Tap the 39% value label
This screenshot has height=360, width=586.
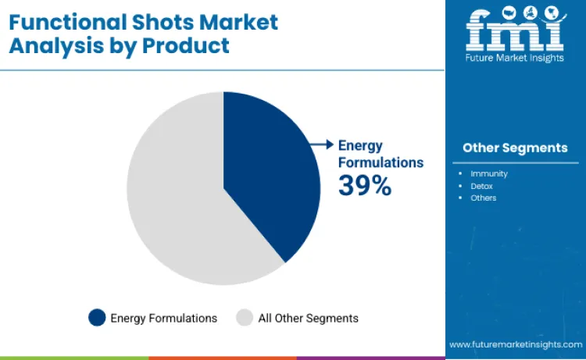(364, 186)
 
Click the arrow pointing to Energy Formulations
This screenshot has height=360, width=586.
(320, 144)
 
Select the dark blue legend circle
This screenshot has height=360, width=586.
(97, 318)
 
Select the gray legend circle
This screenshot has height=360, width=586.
(245, 318)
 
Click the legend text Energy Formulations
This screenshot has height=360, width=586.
(163, 318)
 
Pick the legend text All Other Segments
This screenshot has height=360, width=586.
(308, 318)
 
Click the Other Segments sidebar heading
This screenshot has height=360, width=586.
(515, 148)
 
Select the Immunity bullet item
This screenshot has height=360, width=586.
(488, 173)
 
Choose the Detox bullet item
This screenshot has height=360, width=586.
(481, 186)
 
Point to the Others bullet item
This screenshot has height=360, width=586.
(483, 198)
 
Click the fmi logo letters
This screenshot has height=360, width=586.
(515, 30)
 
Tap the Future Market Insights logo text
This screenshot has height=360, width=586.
(515, 57)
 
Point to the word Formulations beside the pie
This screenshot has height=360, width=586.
(381, 162)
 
